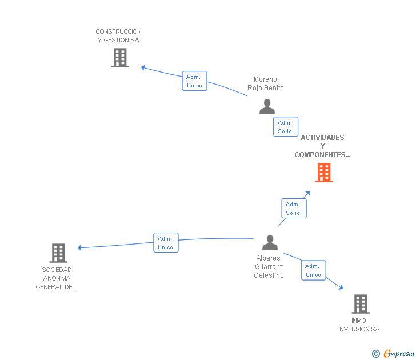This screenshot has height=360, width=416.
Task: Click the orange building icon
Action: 324,173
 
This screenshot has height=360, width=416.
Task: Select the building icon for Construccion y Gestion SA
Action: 120,58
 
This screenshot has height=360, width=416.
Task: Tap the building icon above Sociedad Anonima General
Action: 58,253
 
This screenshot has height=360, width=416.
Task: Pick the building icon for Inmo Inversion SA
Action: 361,304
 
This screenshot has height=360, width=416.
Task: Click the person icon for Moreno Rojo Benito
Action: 267,107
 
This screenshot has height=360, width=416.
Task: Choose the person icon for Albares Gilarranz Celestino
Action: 270,242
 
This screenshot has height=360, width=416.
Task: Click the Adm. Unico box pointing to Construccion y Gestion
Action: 194,81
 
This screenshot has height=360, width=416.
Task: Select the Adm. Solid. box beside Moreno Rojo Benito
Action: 286,126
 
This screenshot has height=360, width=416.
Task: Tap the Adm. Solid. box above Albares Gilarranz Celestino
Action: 294,208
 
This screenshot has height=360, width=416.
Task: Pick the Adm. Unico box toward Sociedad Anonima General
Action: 166,242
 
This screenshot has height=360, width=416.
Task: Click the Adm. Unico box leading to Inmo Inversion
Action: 313,270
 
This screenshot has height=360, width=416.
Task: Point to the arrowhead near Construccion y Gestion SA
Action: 143,67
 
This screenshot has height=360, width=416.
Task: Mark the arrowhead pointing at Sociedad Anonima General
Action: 79,248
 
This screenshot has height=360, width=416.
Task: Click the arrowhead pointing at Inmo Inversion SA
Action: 341,287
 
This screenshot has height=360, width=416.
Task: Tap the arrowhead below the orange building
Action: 308,193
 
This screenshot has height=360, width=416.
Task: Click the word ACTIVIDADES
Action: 322,137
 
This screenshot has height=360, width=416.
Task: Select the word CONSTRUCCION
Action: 118,31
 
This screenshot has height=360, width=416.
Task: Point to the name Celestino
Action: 269,275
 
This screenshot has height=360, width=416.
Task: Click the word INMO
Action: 359,321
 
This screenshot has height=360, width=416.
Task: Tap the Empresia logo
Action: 393,353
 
